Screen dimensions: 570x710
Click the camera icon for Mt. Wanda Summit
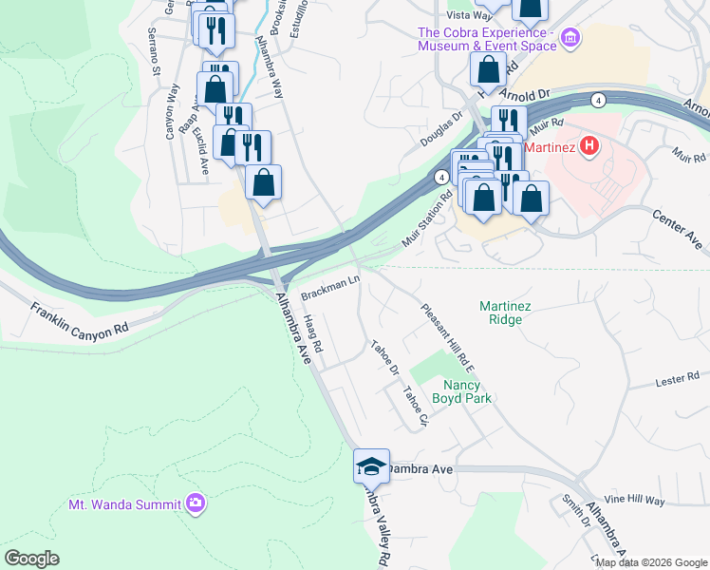coord(196,503)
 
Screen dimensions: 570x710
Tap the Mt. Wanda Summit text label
coord(125,504)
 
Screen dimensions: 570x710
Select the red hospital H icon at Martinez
coord(589,146)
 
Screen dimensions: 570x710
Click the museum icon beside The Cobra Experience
coord(570,39)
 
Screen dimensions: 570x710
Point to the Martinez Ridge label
coord(513,313)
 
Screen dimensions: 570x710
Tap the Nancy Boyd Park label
coord(468,391)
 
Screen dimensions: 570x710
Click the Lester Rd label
coord(677,381)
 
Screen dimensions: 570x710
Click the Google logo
coord(32,559)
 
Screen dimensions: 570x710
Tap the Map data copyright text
coord(651,562)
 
